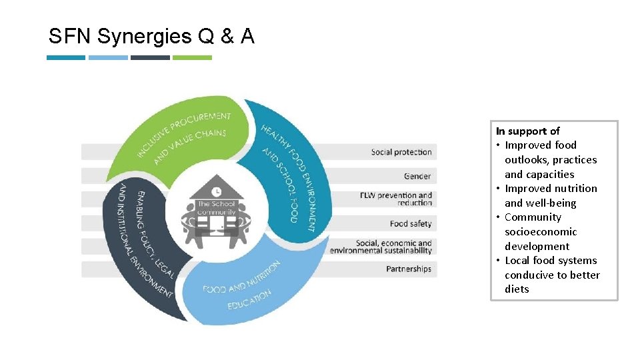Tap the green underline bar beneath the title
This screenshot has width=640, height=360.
click(x=192, y=57)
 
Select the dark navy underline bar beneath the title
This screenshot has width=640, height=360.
click(x=150, y=57)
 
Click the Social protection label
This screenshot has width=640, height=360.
click(x=401, y=152)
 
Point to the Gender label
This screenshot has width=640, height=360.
click(x=417, y=176)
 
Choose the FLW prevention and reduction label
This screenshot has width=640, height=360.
click(x=396, y=199)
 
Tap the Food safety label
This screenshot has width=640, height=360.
click(x=411, y=223)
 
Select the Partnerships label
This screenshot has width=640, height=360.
click(x=409, y=269)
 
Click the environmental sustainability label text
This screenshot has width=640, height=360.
click(x=381, y=251)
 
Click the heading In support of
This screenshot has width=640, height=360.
click(x=527, y=131)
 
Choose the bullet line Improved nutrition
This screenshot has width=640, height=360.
click(x=551, y=189)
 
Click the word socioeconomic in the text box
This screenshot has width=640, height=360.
click(x=541, y=232)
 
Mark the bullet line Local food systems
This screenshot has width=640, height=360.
click(x=551, y=261)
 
